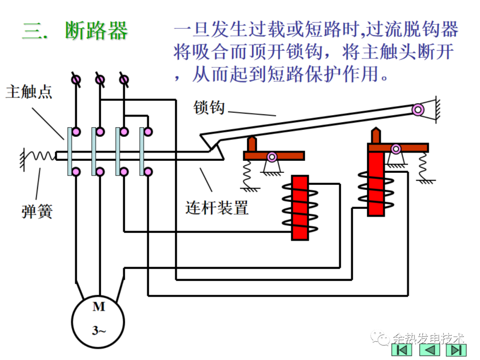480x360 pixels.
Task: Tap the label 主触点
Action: coord(29,92)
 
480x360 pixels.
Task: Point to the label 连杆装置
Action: coord(216,207)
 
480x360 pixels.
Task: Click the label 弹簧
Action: coord(37,211)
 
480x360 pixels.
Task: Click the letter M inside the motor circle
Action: coord(98,307)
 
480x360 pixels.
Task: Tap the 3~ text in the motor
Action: coord(99,331)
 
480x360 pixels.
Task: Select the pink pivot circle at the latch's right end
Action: coord(417,109)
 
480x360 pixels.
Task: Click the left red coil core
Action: coord(300,208)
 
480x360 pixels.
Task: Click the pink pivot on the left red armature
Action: coord(272,156)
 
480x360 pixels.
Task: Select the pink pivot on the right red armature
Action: coord(395,148)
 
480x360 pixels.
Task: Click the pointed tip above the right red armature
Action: coord(376,133)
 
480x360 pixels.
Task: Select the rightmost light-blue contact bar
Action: coord(142,151)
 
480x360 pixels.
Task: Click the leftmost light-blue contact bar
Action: coord(70,151)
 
